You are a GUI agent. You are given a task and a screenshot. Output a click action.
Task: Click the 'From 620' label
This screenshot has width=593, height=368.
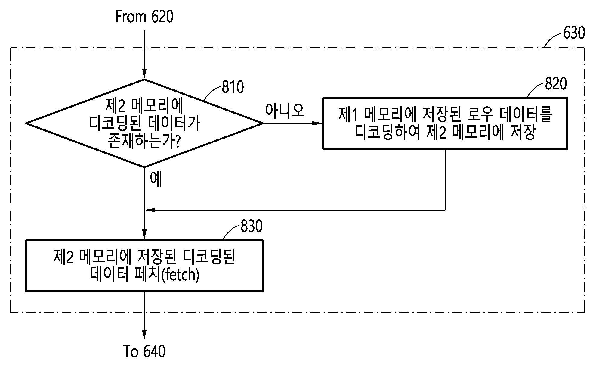144,17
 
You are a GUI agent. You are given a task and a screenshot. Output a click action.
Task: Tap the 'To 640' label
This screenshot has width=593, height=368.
144,351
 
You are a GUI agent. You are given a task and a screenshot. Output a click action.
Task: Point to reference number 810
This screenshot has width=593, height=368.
233,87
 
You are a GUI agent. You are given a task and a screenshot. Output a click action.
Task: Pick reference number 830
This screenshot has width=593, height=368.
252,226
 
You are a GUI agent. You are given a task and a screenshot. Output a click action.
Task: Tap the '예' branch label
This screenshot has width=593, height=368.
156,179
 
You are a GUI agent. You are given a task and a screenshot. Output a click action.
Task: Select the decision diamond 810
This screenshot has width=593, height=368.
144,123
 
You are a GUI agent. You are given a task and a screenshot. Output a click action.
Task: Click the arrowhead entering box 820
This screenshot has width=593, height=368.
317,123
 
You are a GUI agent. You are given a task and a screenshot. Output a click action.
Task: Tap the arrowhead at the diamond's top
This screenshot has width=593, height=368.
144,74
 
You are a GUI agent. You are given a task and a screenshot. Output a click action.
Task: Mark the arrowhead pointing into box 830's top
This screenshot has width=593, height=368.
144,235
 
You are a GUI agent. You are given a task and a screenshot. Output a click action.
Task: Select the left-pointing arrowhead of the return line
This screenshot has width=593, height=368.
150,210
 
